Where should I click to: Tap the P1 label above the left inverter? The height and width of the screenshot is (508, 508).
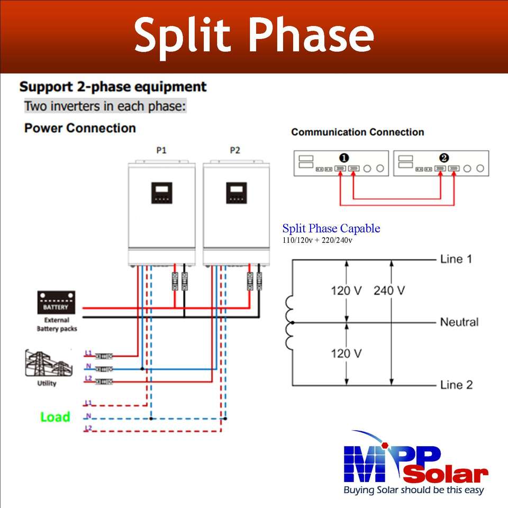[x=161, y=150]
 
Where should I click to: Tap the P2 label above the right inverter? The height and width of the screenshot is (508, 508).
[x=235, y=150]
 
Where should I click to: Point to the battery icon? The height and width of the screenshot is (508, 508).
[x=56, y=302]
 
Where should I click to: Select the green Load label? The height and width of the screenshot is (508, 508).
[x=55, y=417]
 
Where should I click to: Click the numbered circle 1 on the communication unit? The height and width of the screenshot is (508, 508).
[x=344, y=158]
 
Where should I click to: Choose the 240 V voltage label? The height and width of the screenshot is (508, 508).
[x=389, y=291]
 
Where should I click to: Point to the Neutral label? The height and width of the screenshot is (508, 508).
[x=459, y=322]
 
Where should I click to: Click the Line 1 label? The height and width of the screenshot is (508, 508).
[x=456, y=259]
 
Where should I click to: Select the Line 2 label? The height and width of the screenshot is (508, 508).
[x=456, y=385]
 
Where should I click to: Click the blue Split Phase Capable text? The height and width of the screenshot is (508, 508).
[x=331, y=229]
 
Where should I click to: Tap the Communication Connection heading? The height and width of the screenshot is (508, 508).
[x=357, y=132]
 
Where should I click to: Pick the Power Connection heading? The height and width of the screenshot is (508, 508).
[x=80, y=128]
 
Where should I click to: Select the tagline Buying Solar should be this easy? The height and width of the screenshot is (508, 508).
[x=414, y=490]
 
